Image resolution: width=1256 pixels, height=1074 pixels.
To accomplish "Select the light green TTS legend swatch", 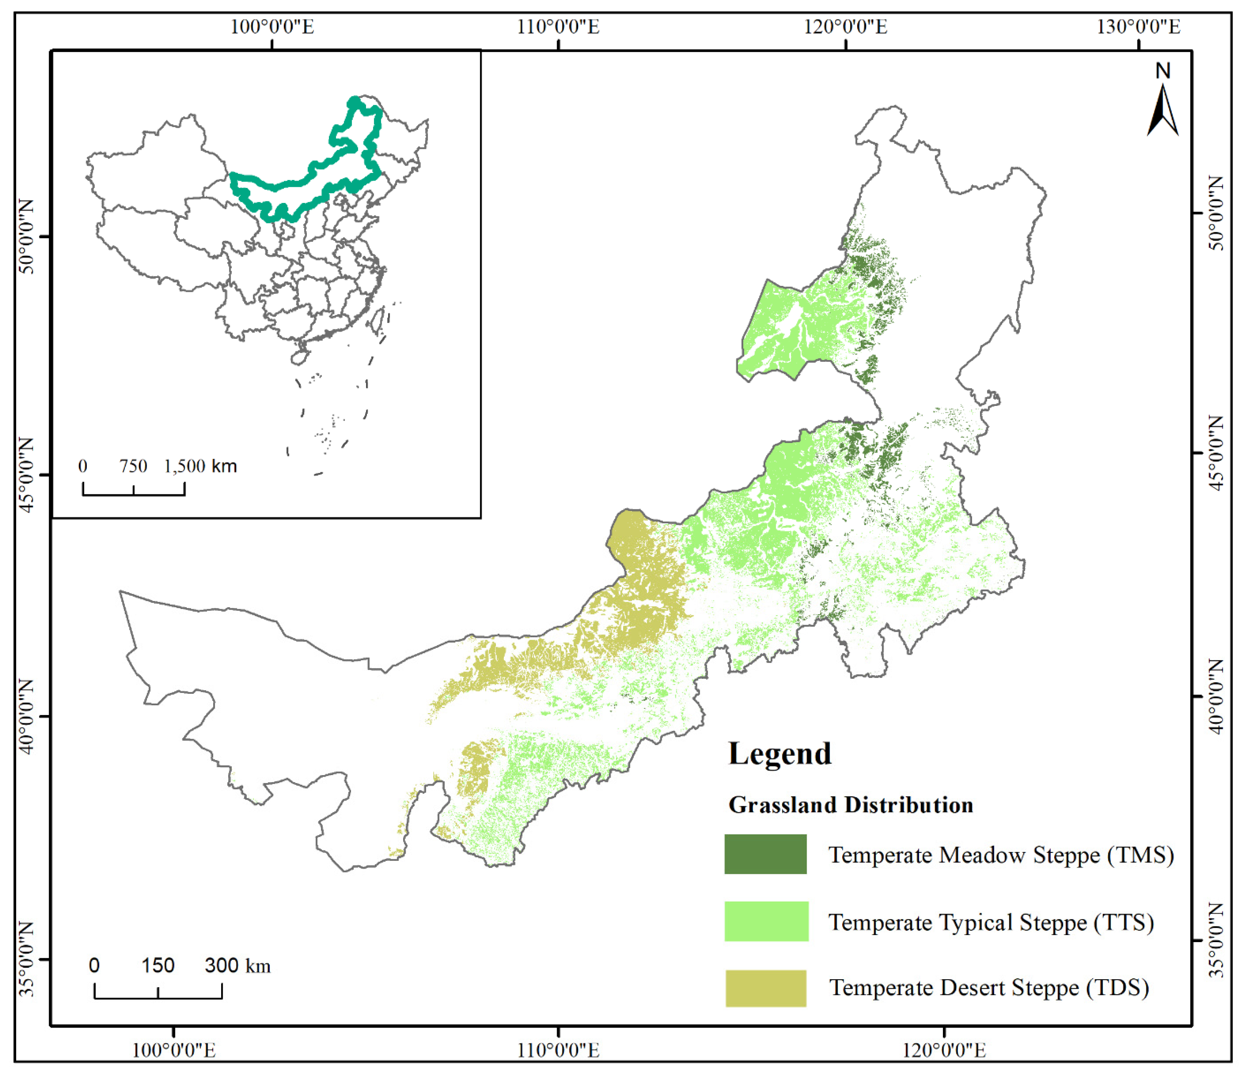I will pos(766,921).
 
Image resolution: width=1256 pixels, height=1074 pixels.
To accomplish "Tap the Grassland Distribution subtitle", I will pos(850,805).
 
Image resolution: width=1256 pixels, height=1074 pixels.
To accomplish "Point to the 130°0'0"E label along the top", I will pos(1138,27).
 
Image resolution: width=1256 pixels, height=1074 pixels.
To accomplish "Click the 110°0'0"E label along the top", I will pos(558,27).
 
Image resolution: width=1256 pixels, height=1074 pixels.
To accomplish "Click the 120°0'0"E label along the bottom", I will pos(944,1050).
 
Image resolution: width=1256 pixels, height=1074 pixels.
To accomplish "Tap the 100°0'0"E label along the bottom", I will pos(174,1050).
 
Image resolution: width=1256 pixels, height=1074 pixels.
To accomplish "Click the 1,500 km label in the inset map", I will pos(200,466).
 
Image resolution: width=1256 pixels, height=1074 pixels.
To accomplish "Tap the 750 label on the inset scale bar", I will pos(133,466).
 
